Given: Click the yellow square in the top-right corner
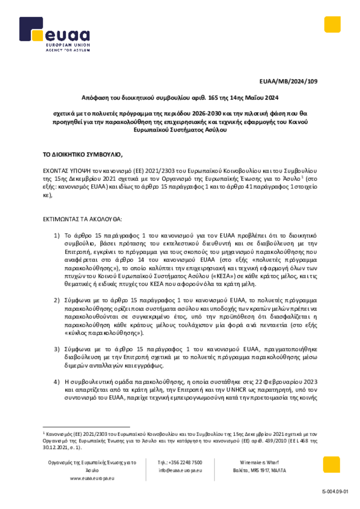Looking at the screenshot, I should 332,25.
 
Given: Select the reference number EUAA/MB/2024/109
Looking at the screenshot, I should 288,81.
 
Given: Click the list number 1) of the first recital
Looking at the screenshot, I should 57,235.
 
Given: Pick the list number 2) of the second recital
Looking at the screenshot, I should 57,300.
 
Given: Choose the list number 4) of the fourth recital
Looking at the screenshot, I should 57,382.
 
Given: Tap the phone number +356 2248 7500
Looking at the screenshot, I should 180,462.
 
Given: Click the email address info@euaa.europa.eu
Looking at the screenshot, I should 180,470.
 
